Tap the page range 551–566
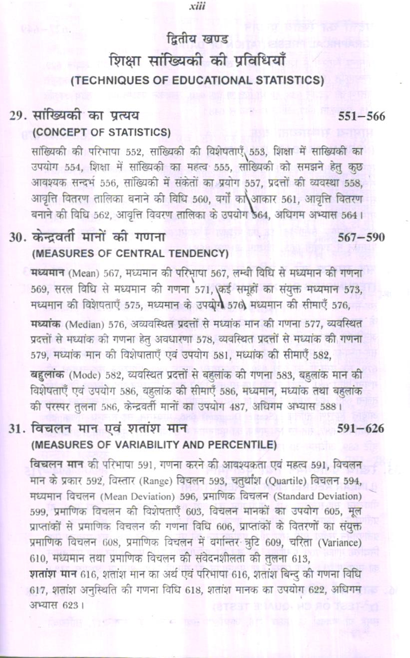point(361,116)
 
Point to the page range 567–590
point(361,237)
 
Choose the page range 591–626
point(361,428)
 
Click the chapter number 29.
point(17,116)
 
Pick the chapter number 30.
point(17,237)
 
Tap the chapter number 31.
point(17,428)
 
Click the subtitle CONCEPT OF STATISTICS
point(102,132)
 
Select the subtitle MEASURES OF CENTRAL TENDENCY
point(130,253)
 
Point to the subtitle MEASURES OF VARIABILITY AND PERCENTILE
point(154,444)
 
